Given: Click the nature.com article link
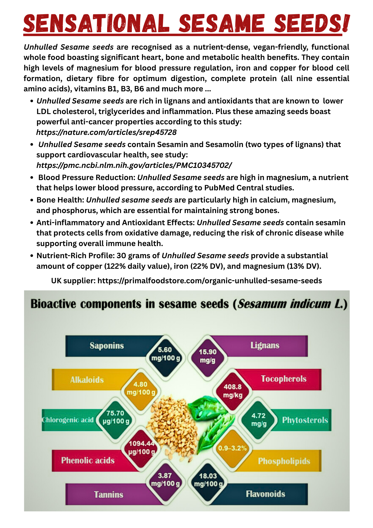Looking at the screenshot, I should (x=106, y=132).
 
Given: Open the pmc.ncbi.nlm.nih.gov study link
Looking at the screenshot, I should (x=134, y=165).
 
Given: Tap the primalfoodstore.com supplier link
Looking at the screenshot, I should (x=210, y=281).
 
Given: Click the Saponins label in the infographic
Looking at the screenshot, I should (x=107, y=346).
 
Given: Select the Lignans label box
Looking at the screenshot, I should (x=265, y=345).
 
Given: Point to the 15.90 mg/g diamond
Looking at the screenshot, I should (x=208, y=356).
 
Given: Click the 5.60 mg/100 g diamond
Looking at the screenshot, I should (x=165, y=354).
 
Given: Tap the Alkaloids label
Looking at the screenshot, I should (x=87, y=380).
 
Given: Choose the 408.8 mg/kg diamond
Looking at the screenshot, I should (x=233, y=391).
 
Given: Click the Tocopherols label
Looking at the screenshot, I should (x=284, y=379).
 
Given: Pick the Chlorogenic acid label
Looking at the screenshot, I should (x=68, y=420).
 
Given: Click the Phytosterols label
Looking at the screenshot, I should (x=305, y=420).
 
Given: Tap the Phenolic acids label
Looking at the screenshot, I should (x=88, y=461).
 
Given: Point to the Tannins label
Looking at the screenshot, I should (x=108, y=494).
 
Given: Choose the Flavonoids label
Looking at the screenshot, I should (x=265, y=494).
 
